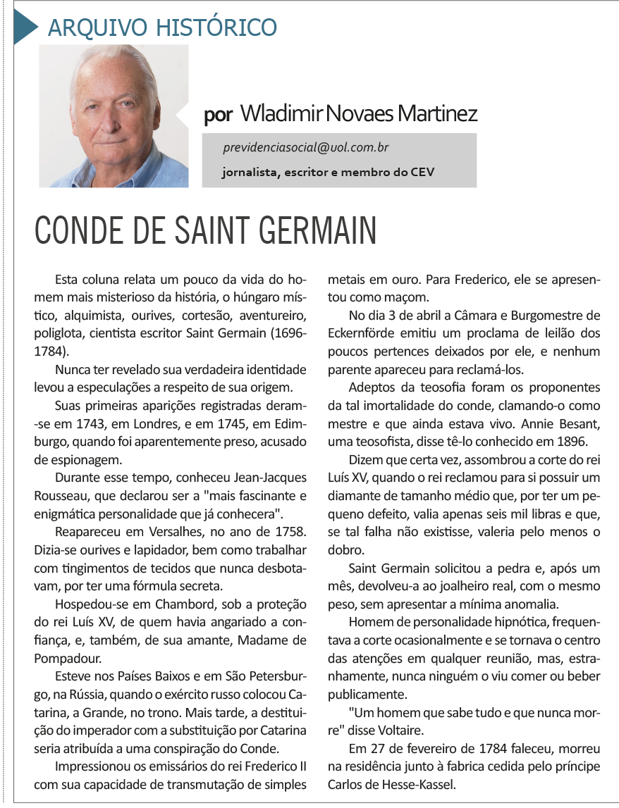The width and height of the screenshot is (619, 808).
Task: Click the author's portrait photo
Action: pos(114,116)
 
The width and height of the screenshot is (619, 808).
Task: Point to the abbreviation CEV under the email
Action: pos(423,171)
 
